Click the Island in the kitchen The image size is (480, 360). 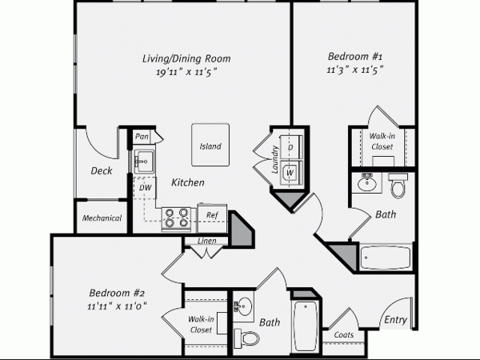point(210,145)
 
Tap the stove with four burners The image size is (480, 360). point(176,218)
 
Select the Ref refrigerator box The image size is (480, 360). point(212,218)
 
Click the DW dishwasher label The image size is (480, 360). point(145,187)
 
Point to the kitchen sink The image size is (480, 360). point(144,162)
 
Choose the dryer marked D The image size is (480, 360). point(291,147)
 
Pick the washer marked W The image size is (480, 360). point(291,173)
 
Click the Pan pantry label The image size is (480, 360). point(142,137)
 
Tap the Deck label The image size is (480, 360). point(102,170)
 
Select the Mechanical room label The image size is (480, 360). point(102,218)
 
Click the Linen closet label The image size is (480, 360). point(206,241)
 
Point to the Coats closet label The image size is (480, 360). point(344,334)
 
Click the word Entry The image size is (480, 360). point(395,320)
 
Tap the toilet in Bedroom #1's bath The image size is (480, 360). point(398,186)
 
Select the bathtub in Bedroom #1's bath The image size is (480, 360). point(386,258)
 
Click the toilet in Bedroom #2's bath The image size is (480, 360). point(246,338)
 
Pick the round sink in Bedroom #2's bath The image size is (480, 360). point(244,306)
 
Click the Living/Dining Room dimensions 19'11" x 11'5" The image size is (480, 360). point(186,72)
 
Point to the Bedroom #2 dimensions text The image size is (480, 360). point(117,306)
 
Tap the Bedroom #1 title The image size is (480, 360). point(355,56)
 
